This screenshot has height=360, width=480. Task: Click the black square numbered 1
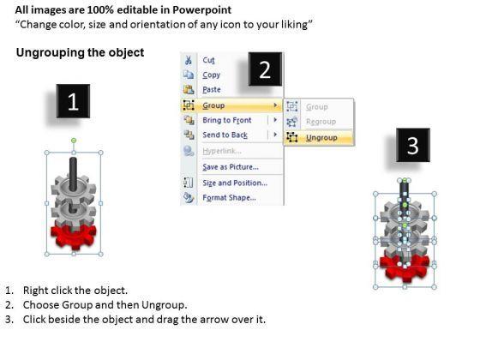[x=73, y=101]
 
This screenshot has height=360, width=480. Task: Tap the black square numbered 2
[x=265, y=69]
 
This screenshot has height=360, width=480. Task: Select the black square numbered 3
[x=413, y=145]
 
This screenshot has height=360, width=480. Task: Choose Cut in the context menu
[x=209, y=60]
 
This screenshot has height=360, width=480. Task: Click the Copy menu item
[x=211, y=75]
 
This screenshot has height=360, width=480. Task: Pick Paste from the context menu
[x=212, y=89]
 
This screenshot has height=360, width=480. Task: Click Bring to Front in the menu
[x=227, y=120]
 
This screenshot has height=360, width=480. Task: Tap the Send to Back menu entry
[x=225, y=135]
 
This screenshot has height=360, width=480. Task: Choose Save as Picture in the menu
[x=231, y=167]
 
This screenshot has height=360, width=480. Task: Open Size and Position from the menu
[x=235, y=183]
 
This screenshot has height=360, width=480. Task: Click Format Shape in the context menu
[x=230, y=197]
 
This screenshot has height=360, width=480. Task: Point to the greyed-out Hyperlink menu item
[x=222, y=151]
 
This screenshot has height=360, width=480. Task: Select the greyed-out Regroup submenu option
[x=321, y=122]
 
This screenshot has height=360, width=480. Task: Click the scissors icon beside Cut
[x=189, y=60]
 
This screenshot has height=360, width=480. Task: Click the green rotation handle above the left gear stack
[x=74, y=141]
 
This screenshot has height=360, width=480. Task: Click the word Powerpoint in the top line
[x=201, y=10]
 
